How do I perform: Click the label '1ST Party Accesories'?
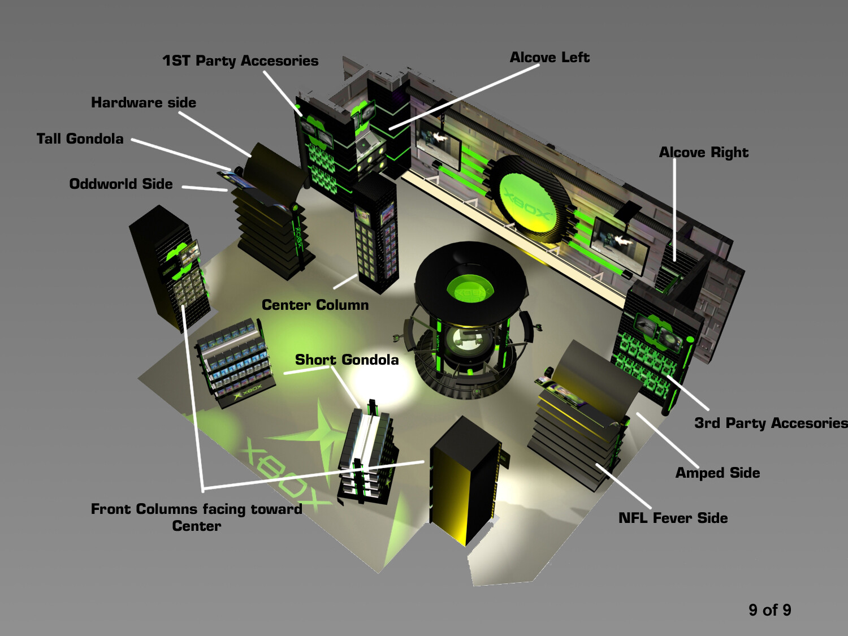[x=240, y=61]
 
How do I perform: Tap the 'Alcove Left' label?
[x=550, y=58]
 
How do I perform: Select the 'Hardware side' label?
[x=144, y=103]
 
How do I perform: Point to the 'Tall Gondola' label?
[x=80, y=139]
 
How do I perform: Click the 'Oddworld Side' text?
[x=121, y=184]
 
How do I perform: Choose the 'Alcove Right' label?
[x=703, y=153]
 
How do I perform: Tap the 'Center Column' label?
[x=315, y=305]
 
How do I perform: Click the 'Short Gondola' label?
[x=347, y=360]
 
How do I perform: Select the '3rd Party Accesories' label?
[x=771, y=423]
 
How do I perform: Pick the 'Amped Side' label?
[x=717, y=473]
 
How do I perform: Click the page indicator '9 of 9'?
[x=769, y=610]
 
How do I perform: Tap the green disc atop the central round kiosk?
[x=470, y=289]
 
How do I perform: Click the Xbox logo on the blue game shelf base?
[x=248, y=391]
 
